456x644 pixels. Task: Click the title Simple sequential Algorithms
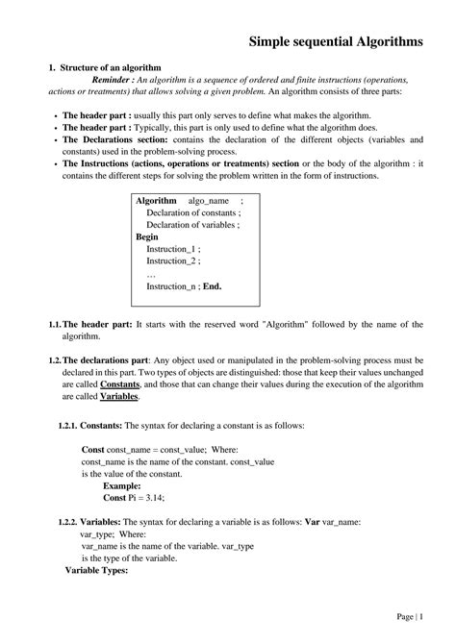334,41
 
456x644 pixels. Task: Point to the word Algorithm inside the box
156,200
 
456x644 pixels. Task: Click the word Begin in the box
147,236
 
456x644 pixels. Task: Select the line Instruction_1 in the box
173,248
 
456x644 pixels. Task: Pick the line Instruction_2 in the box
173,260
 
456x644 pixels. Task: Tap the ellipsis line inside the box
152,273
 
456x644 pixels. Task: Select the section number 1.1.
55,325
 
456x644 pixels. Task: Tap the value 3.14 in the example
154,498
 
